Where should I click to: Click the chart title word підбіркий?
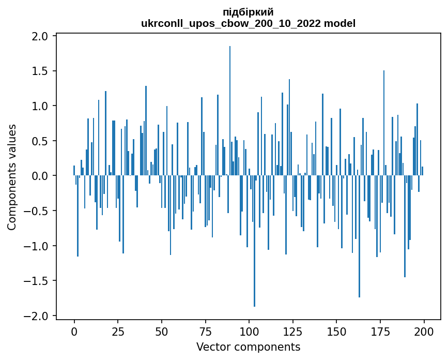tap(248, 12)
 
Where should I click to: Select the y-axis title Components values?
tap(12, 176)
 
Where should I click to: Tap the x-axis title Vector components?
tap(248, 347)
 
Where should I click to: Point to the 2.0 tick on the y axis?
tap(40, 36)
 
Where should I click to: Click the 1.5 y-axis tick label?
tap(40, 71)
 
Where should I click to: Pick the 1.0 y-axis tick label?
tap(40, 106)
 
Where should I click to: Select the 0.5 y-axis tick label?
tap(40, 141)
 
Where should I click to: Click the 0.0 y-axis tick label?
tap(40, 176)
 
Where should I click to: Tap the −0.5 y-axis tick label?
tap(37, 211)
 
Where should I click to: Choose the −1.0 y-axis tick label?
tap(37, 246)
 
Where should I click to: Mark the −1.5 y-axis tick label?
tap(37, 281)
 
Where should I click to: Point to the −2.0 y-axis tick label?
tap(37, 316)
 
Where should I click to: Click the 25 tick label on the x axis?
tap(118, 331)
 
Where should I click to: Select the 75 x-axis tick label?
tap(205, 331)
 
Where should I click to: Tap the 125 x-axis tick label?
tap(292, 331)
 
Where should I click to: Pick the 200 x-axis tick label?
tap(424, 331)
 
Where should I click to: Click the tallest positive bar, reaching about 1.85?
tap(230, 111)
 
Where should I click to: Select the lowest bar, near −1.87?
tap(254, 241)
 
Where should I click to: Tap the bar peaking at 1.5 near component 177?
tap(384, 123)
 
